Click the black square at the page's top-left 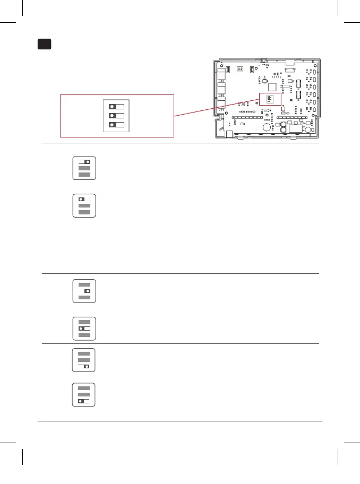pos(45,44)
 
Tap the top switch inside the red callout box pos(116,105)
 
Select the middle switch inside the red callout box pos(116,115)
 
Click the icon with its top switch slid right pos(84,168)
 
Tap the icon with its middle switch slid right pos(84,291)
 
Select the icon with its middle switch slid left pos(84,329)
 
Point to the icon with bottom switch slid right pos(84,360)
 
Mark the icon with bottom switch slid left pos(84,395)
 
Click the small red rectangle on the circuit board pos(270,98)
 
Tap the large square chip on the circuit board pos(273,87)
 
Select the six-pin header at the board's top pos(240,69)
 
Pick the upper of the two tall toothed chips pos(298,83)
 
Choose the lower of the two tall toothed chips pos(298,96)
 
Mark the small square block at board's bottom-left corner pos(229,135)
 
